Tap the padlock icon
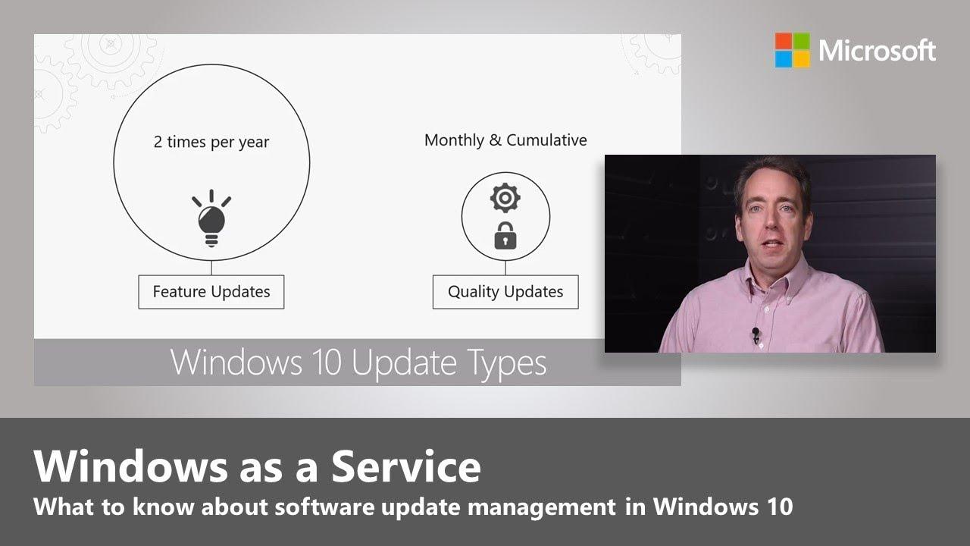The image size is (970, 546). [505, 236]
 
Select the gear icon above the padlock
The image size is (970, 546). [505, 198]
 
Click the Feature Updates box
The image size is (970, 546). [211, 292]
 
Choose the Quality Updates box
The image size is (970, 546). [505, 292]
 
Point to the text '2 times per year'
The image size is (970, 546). [211, 142]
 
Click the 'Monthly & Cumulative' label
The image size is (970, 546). [505, 140]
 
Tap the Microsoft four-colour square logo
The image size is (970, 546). [792, 50]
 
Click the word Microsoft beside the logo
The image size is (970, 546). [877, 51]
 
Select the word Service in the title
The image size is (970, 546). [406, 466]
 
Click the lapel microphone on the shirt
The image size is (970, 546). [756, 334]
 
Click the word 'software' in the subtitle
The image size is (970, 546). [324, 506]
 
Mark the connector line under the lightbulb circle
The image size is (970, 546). [211, 268]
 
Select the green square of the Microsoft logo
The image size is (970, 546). [802, 41]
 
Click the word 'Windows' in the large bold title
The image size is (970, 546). [131, 466]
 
